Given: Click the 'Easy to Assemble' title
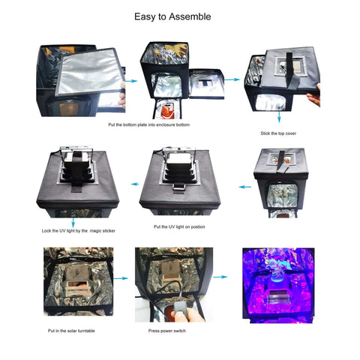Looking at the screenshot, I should (x=172, y=16).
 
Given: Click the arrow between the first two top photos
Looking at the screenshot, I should (x=130, y=79).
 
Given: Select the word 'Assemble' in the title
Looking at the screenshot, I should (x=187, y=16).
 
